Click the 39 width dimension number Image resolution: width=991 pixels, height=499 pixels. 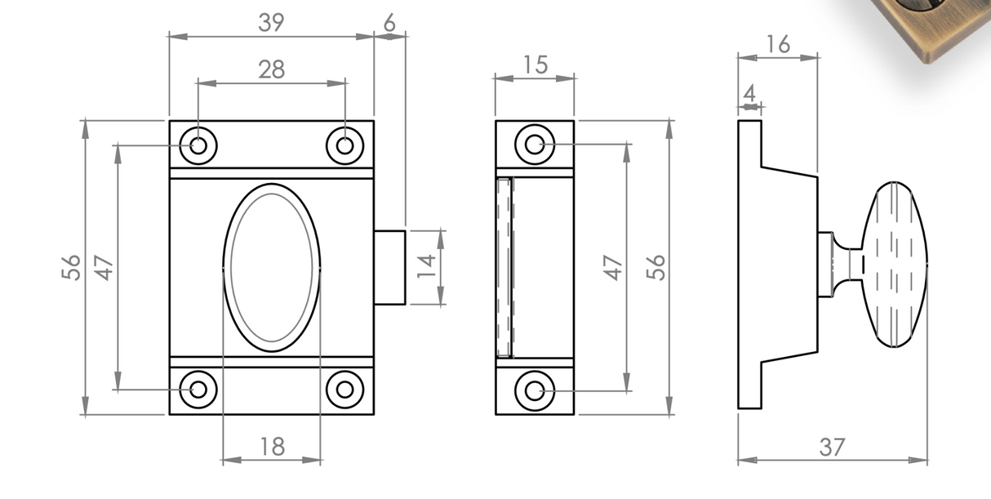click(271, 23)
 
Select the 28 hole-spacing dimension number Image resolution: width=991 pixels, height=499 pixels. click(271, 70)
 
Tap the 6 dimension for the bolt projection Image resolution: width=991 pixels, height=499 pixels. click(389, 24)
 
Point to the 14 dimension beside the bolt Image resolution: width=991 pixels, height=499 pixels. click(426, 267)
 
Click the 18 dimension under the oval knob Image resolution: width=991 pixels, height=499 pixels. click(272, 447)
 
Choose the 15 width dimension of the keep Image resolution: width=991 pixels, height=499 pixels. click(535, 65)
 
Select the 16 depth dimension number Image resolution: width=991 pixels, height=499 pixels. click(778, 45)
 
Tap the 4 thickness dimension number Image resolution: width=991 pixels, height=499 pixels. click(749, 93)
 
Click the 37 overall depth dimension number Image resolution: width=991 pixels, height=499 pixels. click(832, 448)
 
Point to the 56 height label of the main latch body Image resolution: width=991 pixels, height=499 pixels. click(72, 267)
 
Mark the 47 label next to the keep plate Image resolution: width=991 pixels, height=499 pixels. click(613, 267)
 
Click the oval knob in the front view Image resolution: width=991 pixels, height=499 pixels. click(272, 267)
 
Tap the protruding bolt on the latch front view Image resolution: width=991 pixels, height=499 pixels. click(390, 267)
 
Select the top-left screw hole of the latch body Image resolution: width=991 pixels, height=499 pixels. click(198, 145)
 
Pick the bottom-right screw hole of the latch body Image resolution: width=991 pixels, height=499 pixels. click(345, 389)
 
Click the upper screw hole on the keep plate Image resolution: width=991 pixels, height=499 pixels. click(535, 145)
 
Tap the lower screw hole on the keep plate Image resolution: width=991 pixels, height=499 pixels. click(535, 390)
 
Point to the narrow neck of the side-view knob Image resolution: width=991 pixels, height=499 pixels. click(853, 264)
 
